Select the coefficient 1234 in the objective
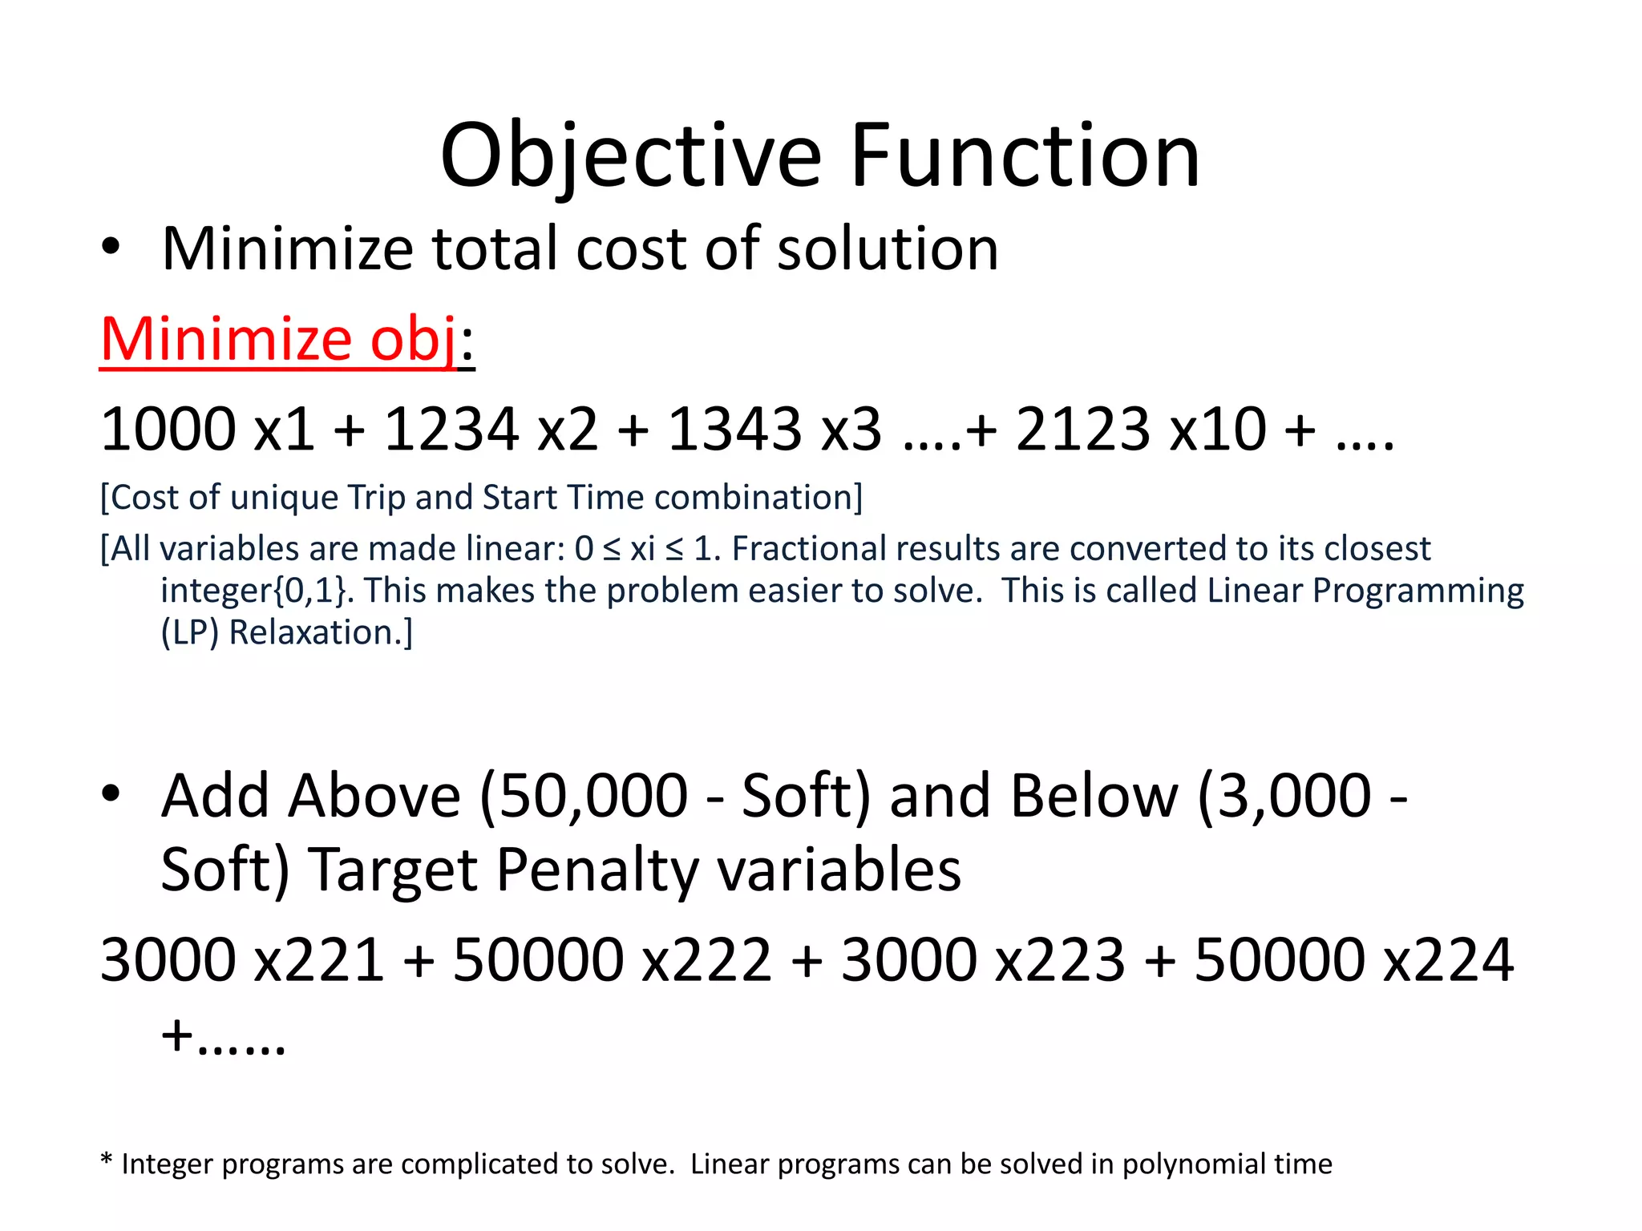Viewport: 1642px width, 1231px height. click(x=451, y=430)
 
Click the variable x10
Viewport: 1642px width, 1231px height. click(x=1219, y=430)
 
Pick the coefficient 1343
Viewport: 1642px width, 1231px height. click(x=734, y=430)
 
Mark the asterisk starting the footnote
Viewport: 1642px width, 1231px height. click(x=107, y=1160)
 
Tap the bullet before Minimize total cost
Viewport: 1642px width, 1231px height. click(x=111, y=248)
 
